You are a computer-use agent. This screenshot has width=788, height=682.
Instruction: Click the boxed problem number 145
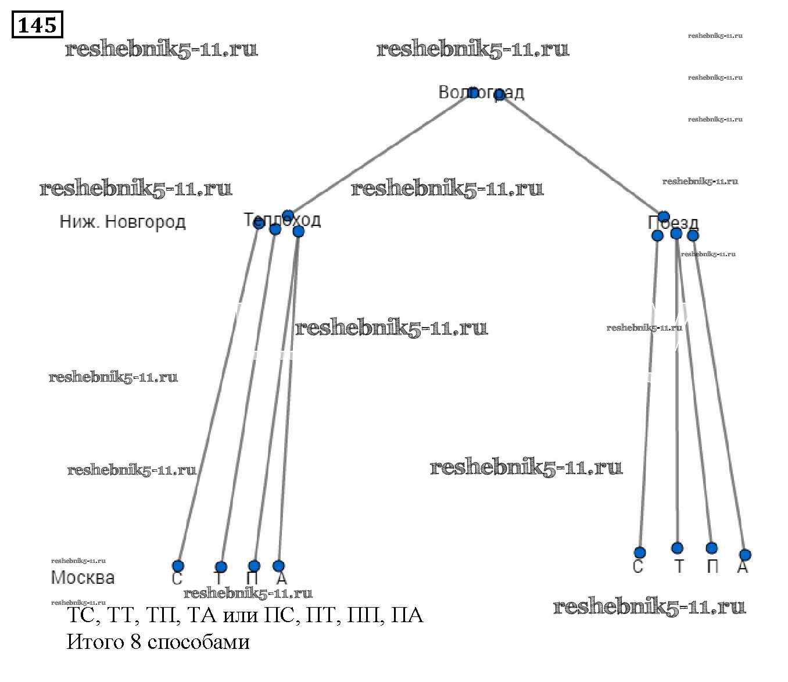(37, 25)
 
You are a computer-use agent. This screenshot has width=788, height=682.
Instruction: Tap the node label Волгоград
(481, 92)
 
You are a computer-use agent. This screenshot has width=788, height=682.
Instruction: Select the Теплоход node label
(282, 220)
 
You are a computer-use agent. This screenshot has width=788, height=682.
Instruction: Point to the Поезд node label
(673, 222)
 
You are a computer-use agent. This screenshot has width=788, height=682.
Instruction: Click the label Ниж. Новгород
(123, 222)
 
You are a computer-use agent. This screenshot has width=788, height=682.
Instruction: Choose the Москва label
(83, 577)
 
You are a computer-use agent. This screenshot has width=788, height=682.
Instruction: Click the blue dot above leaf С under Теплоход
(178, 566)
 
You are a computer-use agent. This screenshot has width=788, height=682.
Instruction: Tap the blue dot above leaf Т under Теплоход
(221, 567)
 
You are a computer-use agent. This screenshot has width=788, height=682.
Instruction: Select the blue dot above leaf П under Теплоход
(254, 566)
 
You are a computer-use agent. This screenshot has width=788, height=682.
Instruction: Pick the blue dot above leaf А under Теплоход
(279, 566)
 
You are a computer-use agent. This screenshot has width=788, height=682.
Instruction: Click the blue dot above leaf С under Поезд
(640, 552)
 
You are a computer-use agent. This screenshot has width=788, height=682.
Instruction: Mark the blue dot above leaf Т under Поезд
(677, 548)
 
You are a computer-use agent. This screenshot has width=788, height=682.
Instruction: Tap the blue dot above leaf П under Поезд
(712, 548)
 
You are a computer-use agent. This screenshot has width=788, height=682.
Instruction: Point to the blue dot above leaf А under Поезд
(745, 555)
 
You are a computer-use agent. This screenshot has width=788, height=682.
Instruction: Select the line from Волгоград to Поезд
(581, 154)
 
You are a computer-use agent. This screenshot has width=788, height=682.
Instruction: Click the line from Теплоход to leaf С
(218, 395)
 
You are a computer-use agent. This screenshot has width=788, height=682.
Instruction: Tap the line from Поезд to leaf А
(719, 395)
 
